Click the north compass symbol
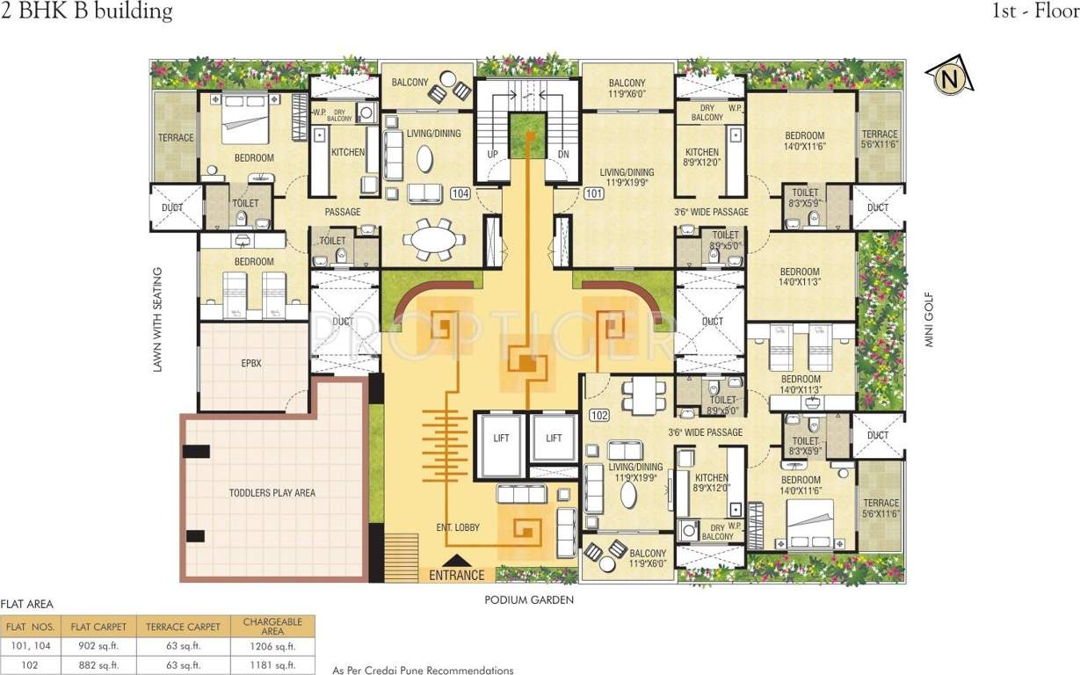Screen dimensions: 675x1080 [948, 79]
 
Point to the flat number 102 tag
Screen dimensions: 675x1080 [600, 415]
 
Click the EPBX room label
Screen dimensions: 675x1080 [254, 362]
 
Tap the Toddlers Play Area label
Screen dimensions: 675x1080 [272, 493]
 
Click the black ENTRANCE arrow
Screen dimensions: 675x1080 [456, 560]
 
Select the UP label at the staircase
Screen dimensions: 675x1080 [493, 155]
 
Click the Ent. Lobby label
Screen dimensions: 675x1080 [458, 527]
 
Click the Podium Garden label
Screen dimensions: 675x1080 [528, 599]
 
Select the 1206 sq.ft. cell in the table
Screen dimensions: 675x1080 [272, 647]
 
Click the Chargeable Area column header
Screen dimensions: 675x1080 [272, 626]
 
